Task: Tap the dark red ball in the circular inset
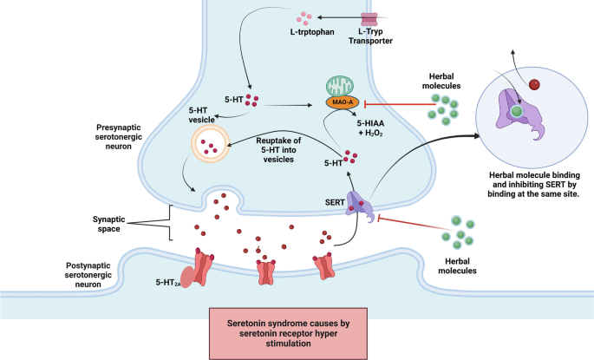coord(534,84)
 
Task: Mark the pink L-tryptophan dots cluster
coord(304,16)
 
